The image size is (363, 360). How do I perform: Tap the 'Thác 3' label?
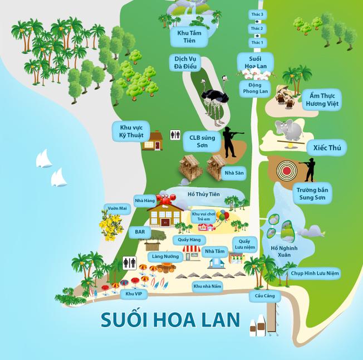(257, 14)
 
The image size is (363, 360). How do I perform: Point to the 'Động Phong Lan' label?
(256, 88)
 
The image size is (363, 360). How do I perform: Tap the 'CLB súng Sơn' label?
(202, 142)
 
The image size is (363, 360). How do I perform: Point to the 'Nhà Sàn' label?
(234, 173)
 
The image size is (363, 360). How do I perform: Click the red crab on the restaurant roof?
(165, 198)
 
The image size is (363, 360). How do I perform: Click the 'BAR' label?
(139, 231)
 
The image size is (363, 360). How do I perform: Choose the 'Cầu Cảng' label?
(264, 296)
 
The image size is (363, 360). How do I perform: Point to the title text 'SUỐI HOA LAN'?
(170, 319)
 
